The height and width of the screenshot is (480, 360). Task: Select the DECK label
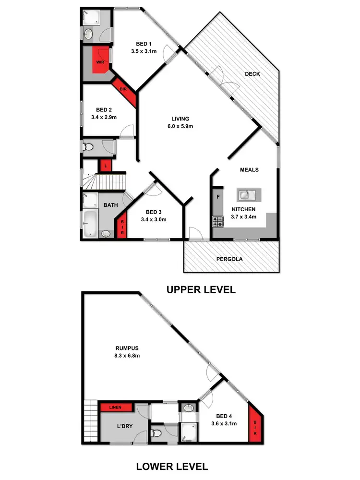click(252, 74)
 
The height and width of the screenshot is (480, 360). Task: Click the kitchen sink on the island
click(248, 195)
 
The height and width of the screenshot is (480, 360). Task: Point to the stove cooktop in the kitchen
click(218, 222)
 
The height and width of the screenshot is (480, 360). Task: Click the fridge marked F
click(217, 197)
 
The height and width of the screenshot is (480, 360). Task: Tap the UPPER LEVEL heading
click(201, 290)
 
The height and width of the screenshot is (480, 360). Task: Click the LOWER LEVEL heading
click(172, 466)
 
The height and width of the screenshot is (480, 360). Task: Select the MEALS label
click(249, 170)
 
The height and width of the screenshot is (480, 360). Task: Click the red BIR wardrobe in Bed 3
click(122, 225)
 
